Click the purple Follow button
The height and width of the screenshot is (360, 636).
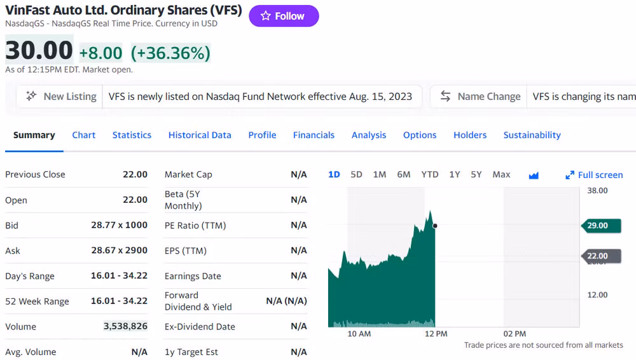tap(284, 17)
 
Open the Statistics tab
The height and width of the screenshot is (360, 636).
tap(132, 135)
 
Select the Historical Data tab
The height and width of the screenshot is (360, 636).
tap(200, 135)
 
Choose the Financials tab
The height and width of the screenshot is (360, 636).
tap(314, 135)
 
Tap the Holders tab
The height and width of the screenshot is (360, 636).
tap(470, 135)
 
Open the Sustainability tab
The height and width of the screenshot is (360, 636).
tap(532, 135)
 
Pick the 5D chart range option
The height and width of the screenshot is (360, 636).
tap(356, 174)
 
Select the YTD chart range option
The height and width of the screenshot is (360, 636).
tap(430, 174)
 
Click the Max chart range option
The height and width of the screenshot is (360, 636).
tap(501, 174)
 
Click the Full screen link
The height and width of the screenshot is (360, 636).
tap(594, 175)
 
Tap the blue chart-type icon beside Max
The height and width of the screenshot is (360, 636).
tap(534, 176)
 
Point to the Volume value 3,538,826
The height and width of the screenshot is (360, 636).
tap(125, 326)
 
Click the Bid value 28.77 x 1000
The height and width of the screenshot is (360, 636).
tap(119, 225)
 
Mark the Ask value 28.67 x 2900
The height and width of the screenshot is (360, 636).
tap(119, 251)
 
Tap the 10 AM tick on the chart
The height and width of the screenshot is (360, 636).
tap(359, 334)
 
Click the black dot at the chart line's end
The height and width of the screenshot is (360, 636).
tap(434, 225)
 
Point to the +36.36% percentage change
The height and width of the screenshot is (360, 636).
tap(170, 53)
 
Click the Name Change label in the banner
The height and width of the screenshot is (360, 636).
tap(488, 97)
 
